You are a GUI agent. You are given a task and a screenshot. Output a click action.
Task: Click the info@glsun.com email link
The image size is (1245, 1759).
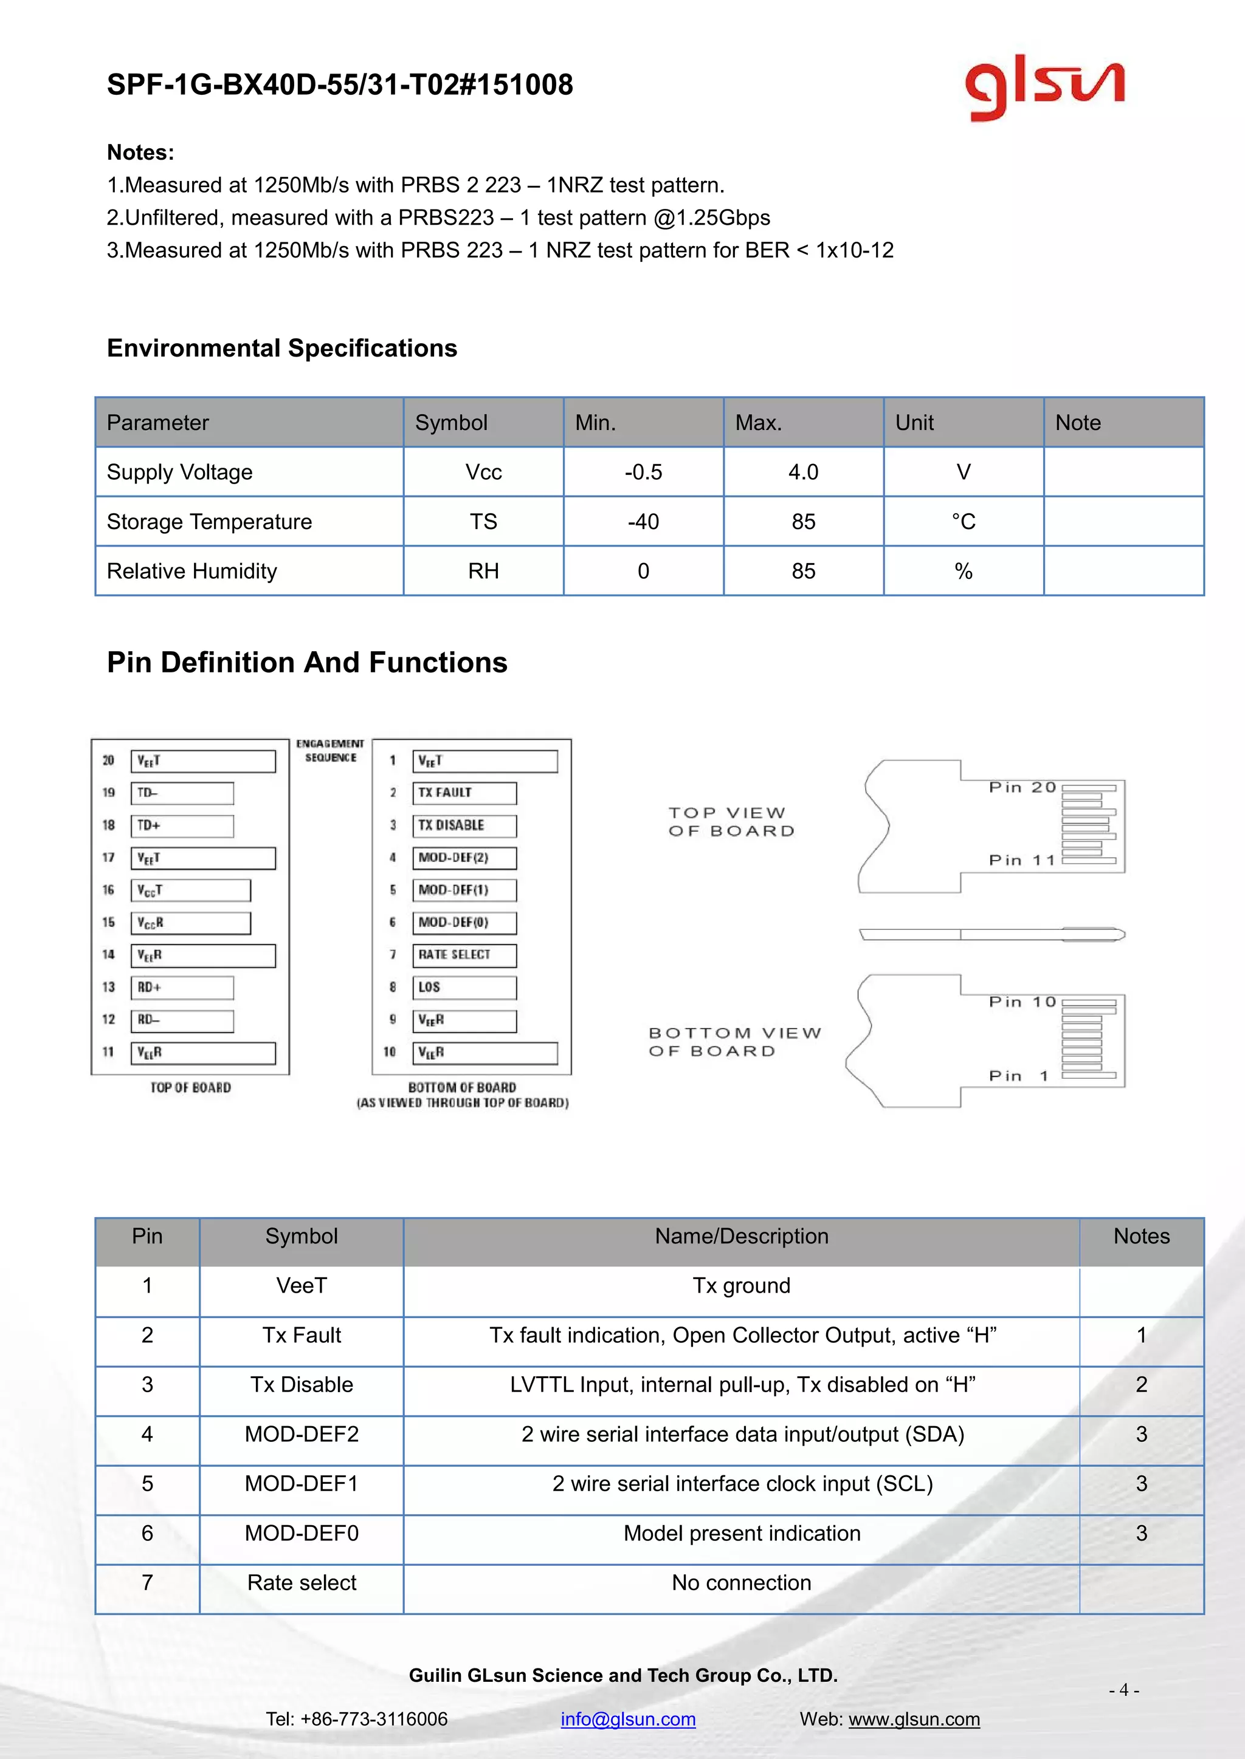click(628, 1718)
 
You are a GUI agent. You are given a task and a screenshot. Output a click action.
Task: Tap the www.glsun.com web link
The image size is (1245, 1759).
click(914, 1718)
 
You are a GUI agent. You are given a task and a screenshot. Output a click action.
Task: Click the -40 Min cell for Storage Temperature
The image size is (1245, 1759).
click(643, 522)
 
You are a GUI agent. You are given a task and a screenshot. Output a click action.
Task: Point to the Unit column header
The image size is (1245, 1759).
click(914, 423)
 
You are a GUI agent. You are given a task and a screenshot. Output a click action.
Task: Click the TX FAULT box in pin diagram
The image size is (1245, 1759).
click(464, 793)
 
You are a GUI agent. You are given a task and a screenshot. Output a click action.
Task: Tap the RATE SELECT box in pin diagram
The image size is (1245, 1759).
click(464, 955)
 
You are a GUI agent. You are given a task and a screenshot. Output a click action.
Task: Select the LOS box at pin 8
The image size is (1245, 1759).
click(464, 988)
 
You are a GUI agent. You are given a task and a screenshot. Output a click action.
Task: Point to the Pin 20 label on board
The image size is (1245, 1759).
click(1022, 788)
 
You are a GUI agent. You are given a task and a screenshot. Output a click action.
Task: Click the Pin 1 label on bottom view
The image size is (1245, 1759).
click(1017, 1076)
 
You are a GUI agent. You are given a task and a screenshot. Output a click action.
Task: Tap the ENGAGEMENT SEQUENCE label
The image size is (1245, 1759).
click(331, 751)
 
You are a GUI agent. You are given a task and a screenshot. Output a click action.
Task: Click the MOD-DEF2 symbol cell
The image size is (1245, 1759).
click(302, 1434)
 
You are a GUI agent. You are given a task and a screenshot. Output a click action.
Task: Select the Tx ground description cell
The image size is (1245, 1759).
click(740, 1286)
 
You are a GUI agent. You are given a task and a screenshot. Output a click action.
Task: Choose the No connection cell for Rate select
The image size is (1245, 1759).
click(740, 1583)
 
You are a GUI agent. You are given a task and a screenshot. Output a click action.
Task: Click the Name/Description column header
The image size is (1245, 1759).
click(740, 1236)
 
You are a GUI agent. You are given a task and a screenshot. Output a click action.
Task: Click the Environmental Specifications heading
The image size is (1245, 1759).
click(281, 349)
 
